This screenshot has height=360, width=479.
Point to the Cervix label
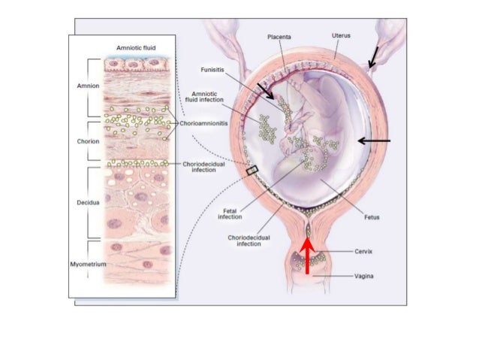pos(365,252)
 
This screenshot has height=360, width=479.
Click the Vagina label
pos(365,276)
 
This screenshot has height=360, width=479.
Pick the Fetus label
pos(368,218)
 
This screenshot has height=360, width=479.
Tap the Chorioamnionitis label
pos(203,123)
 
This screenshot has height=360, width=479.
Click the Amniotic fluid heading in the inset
pos(135,47)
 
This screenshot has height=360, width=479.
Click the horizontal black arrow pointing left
pos(374,140)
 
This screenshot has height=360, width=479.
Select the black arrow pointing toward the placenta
pos(266,92)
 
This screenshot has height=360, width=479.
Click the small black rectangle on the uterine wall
pos(252,171)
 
